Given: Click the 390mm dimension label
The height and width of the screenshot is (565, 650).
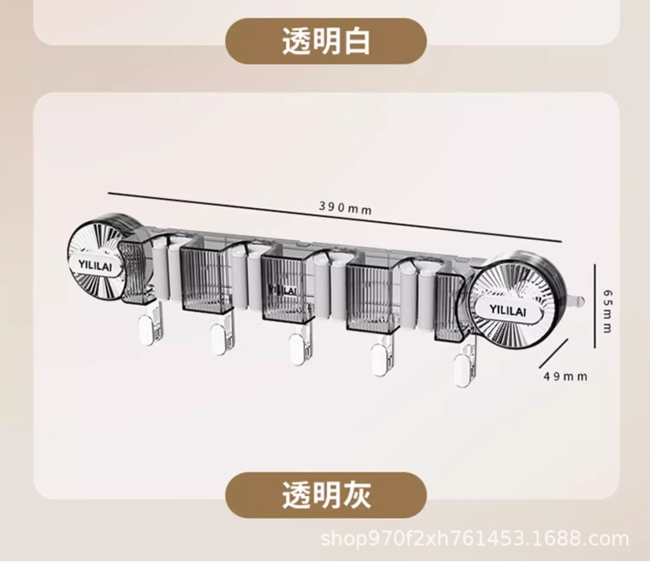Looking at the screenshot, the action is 345,208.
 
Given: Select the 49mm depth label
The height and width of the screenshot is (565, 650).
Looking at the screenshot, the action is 565,376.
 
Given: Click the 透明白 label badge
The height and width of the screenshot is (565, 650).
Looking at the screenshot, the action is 326,42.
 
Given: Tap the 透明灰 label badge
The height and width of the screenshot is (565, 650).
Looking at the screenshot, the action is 326,495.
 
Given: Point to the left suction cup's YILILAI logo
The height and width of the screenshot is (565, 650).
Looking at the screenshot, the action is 95,265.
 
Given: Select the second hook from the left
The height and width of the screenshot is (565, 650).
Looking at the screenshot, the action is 219,339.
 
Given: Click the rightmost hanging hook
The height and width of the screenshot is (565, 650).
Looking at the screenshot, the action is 462,371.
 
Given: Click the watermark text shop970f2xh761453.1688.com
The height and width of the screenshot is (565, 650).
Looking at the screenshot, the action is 474,539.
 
